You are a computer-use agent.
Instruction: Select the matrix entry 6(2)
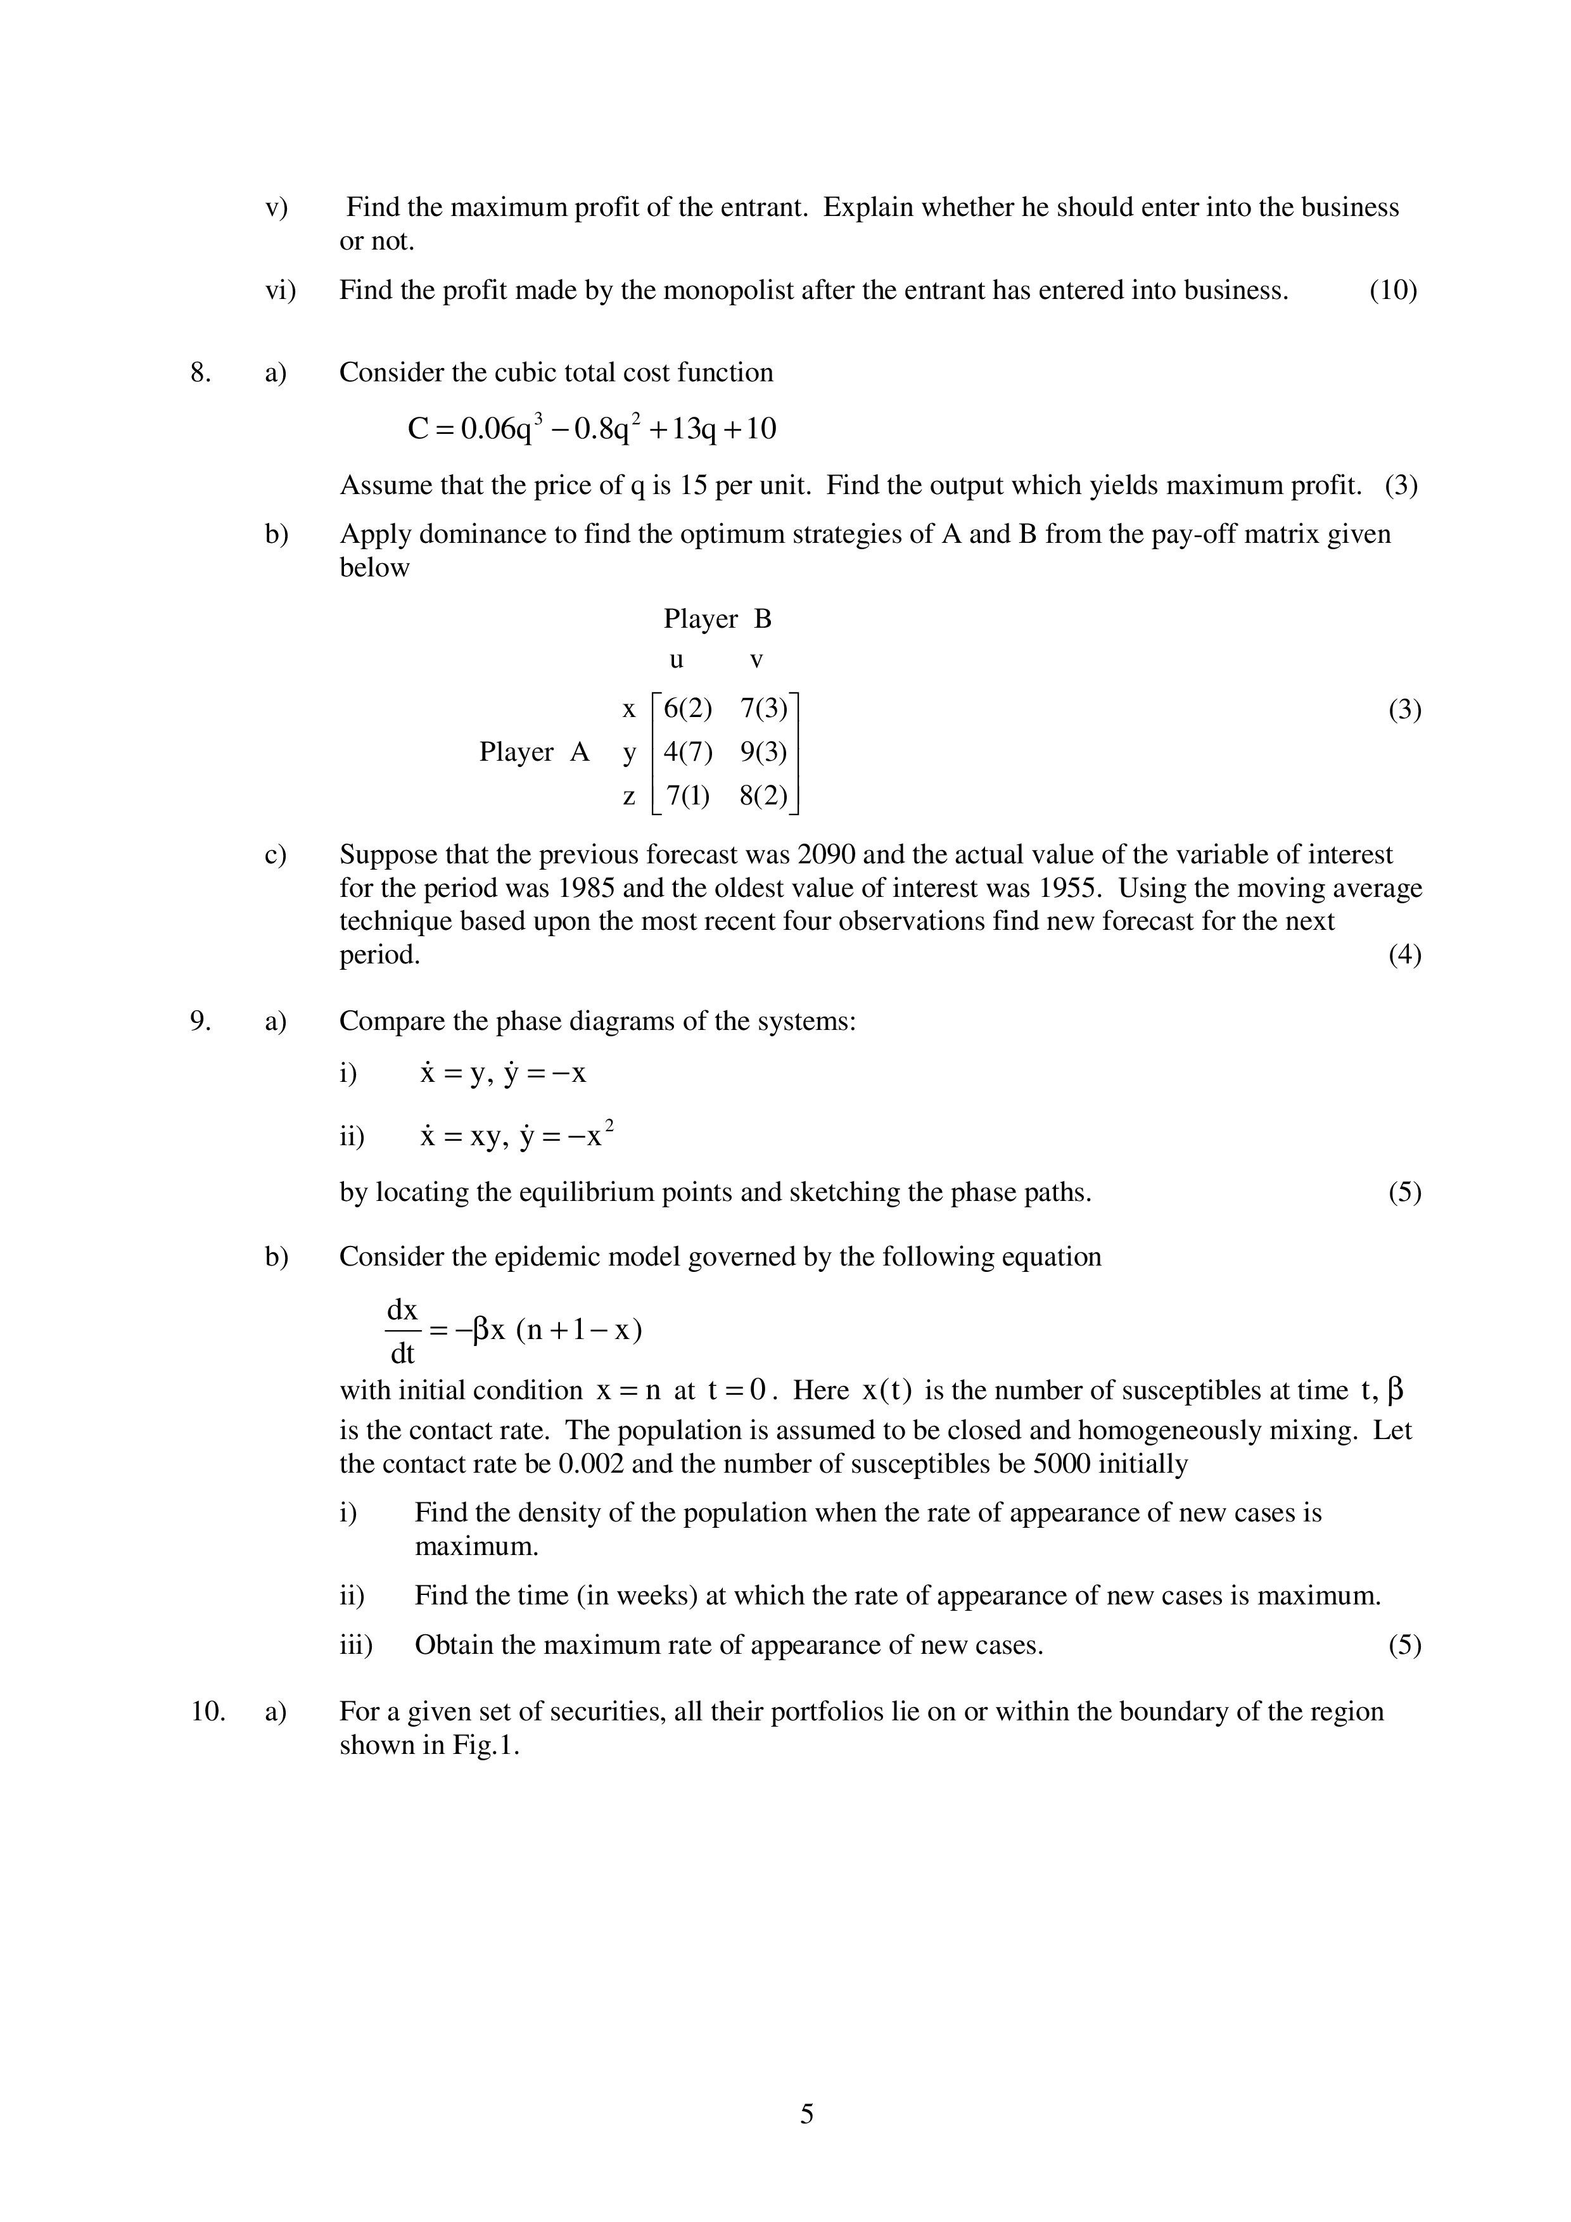click(687, 709)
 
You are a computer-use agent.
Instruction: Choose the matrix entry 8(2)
click(764, 796)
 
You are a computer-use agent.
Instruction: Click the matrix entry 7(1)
click(687, 796)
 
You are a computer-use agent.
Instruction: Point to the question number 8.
click(200, 372)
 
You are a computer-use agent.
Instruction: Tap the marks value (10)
click(1393, 290)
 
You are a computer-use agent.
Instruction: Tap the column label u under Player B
click(677, 660)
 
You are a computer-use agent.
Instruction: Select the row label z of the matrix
click(629, 796)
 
